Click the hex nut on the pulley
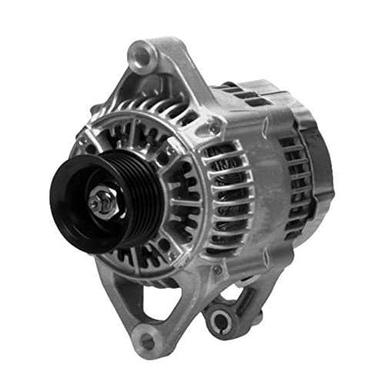point(101,203)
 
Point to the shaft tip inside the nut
point(98,203)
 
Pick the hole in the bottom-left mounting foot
point(146,340)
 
